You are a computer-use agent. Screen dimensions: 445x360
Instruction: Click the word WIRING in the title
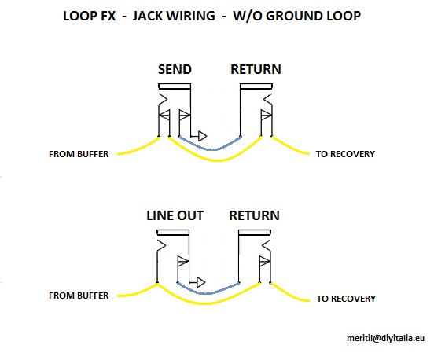[189, 16]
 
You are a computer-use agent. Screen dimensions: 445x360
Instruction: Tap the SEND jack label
[175, 69]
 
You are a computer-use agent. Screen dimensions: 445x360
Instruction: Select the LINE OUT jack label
[175, 215]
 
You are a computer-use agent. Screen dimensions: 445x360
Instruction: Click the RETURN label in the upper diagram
[256, 69]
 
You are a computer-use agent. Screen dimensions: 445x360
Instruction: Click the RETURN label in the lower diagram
[254, 215]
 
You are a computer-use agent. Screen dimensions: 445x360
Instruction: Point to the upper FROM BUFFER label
[79, 154]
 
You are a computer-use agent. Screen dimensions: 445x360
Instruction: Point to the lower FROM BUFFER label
[79, 296]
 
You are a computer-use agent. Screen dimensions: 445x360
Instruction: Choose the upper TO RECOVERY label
[345, 154]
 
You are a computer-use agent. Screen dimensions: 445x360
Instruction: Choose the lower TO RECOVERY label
[346, 299]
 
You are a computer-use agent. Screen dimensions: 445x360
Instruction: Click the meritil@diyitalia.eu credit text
[385, 338]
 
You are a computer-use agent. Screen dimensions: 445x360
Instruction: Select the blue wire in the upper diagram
[210, 149]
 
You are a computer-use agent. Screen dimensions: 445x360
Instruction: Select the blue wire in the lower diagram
[208, 293]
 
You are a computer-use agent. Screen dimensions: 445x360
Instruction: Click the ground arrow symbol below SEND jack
[202, 136]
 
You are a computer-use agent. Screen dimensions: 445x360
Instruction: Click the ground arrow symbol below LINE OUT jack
[200, 282]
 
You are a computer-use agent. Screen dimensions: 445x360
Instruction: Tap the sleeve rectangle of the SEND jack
[175, 86]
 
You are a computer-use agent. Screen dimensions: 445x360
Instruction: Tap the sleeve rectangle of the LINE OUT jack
[173, 233]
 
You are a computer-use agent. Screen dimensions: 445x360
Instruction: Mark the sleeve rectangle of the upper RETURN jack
[256, 86]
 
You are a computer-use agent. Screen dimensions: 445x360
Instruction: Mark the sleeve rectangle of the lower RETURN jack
[255, 233]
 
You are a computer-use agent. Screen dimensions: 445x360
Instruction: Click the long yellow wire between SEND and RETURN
[215, 160]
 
